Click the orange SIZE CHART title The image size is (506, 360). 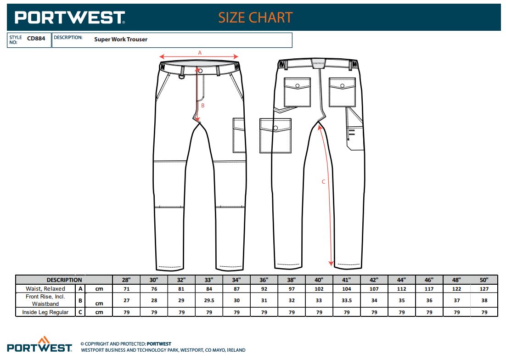[x=255, y=17]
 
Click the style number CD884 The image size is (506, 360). [x=36, y=39]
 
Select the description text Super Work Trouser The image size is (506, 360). [x=121, y=39]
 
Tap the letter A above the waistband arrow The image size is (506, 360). [x=200, y=53]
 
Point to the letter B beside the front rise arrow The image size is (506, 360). [x=203, y=106]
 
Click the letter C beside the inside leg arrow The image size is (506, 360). [x=323, y=182]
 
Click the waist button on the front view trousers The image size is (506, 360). [x=200, y=71]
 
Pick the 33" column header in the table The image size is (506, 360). [x=209, y=280]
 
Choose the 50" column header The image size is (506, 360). [x=484, y=280]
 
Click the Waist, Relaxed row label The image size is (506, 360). [x=45, y=289]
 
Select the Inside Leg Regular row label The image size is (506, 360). [x=45, y=312]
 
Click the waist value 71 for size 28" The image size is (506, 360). [x=127, y=289]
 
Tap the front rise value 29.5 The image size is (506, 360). [x=209, y=300]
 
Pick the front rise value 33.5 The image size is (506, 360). [x=347, y=300]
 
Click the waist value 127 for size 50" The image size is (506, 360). [x=484, y=289]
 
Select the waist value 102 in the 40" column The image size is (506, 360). [x=319, y=289]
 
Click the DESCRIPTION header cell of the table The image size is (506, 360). [x=64, y=280]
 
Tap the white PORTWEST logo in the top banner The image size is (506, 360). [x=70, y=17]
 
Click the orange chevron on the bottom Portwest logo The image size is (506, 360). [x=44, y=340]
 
